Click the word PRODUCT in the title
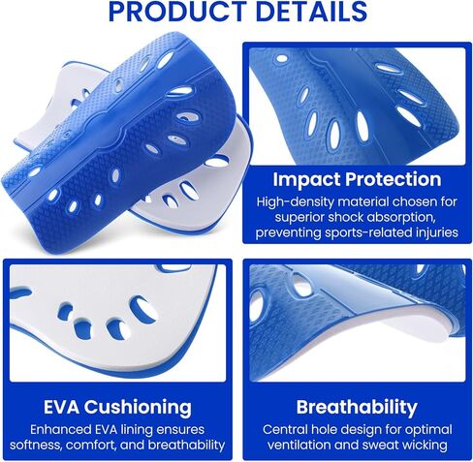tap(176, 12)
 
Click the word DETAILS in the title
tap(311, 12)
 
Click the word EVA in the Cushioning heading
tap(61, 407)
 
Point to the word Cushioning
tap(138, 408)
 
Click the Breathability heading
tap(357, 408)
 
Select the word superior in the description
tap(299, 218)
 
